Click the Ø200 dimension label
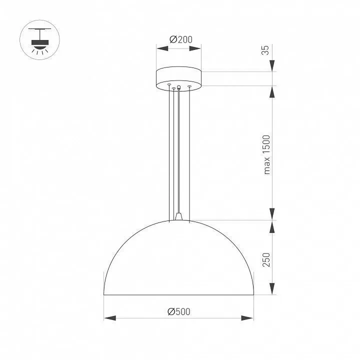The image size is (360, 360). (181, 39)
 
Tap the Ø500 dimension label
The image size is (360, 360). (179, 311)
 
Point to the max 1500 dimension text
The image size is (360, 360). (267, 154)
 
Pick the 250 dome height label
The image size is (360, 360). (266, 259)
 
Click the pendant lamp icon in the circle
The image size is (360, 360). (39, 40)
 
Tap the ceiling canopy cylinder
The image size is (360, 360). (178, 79)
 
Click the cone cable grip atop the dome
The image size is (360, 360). (178, 216)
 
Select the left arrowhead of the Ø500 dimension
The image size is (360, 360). (110, 318)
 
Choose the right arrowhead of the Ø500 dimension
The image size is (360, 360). (247, 318)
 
